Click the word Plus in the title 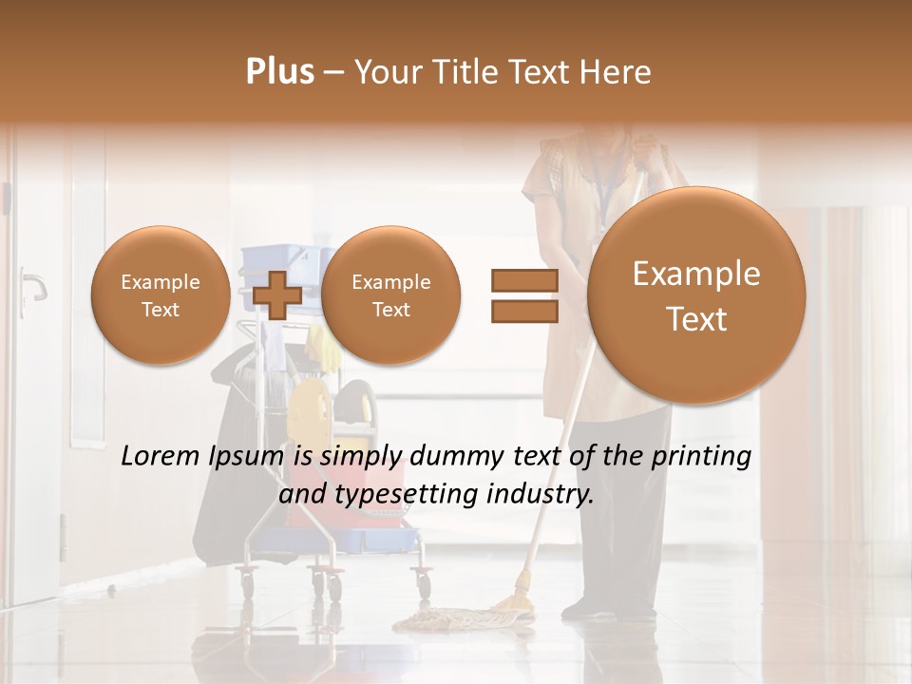pyautogui.click(x=279, y=72)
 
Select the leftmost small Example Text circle pyautogui.click(x=161, y=295)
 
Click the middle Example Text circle pyautogui.click(x=390, y=295)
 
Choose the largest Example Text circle pyautogui.click(x=696, y=295)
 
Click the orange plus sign pyautogui.click(x=277, y=295)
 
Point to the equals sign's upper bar pyautogui.click(x=523, y=281)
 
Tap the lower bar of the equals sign pyautogui.click(x=523, y=311)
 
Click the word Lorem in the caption pyautogui.click(x=162, y=457)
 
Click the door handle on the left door pyautogui.click(x=34, y=282)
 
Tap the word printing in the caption pyautogui.click(x=702, y=457)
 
